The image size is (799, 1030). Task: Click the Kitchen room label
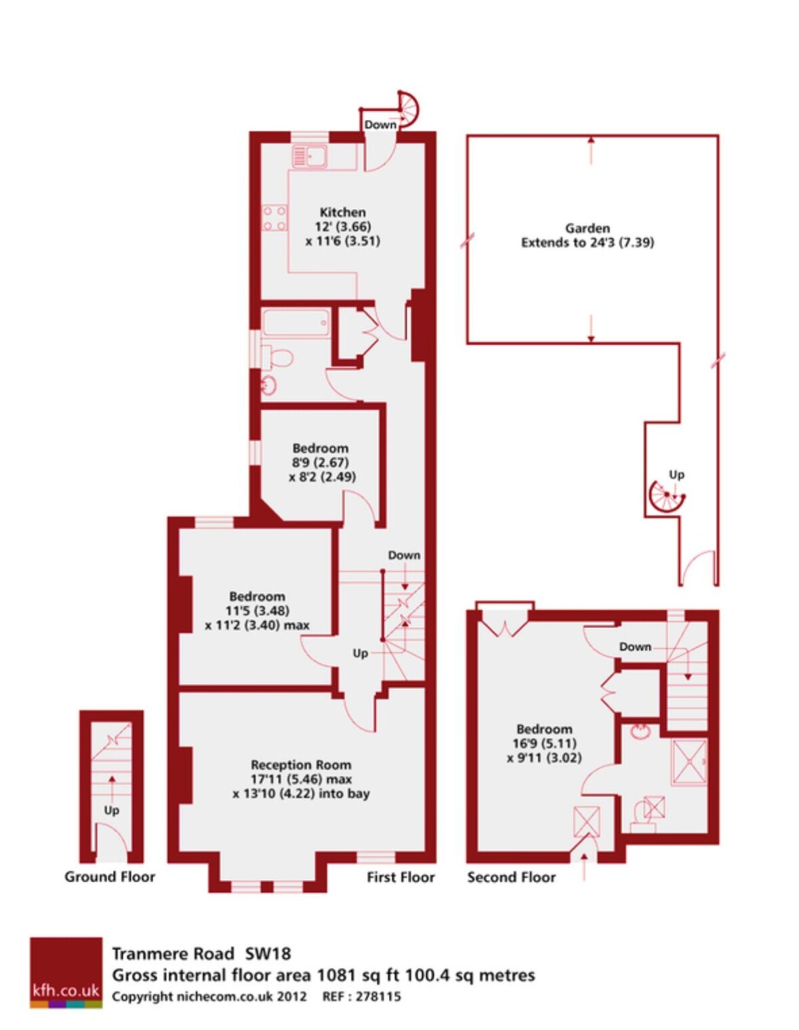pos(342,211)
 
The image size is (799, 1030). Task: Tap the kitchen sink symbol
pos(309,156)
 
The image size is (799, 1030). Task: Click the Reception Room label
pos(301,765)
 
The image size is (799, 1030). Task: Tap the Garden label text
pos(588,228)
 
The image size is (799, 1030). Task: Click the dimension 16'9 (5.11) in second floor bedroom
pos(544,744)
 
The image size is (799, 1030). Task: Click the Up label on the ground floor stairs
pos(112,811)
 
